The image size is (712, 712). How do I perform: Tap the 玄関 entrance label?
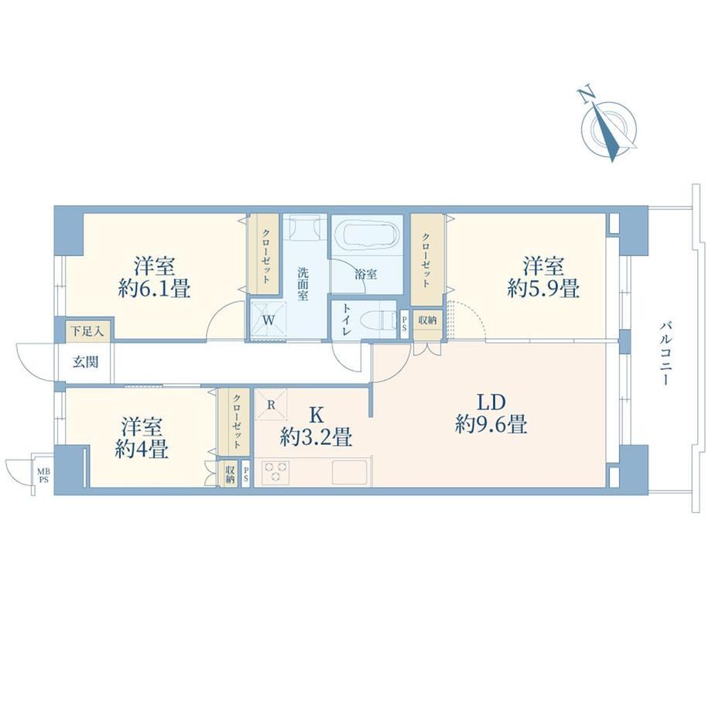point(86,362)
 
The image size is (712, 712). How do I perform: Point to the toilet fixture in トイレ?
point(378,320)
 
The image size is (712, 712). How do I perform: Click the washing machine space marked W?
point(269,319)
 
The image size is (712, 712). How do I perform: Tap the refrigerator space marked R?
point(271,404)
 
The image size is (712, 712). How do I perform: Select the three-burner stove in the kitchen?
point(276,472)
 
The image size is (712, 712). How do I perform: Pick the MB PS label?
point(43,476)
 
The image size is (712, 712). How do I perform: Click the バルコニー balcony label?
point(665,354)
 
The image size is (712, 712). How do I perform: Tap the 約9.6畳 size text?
point(491,426)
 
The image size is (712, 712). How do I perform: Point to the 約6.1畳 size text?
point(154,289)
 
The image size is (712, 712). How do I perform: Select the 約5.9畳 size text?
point(543,289)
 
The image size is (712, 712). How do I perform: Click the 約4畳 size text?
point(142,450)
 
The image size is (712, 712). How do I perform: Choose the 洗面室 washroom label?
point(303,284)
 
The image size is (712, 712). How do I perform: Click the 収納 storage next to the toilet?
point(427,320)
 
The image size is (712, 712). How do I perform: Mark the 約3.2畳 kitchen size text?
point(316,438)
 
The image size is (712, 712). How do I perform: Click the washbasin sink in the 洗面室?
point(305,227)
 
